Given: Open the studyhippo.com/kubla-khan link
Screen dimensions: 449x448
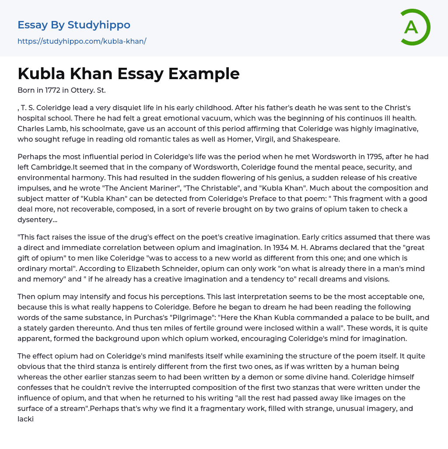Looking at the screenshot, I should [x=82, y=41].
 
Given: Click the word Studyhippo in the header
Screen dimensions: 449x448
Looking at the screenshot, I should [x=99, y=25].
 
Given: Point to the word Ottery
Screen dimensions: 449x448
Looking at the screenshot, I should [x=83, y=90].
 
